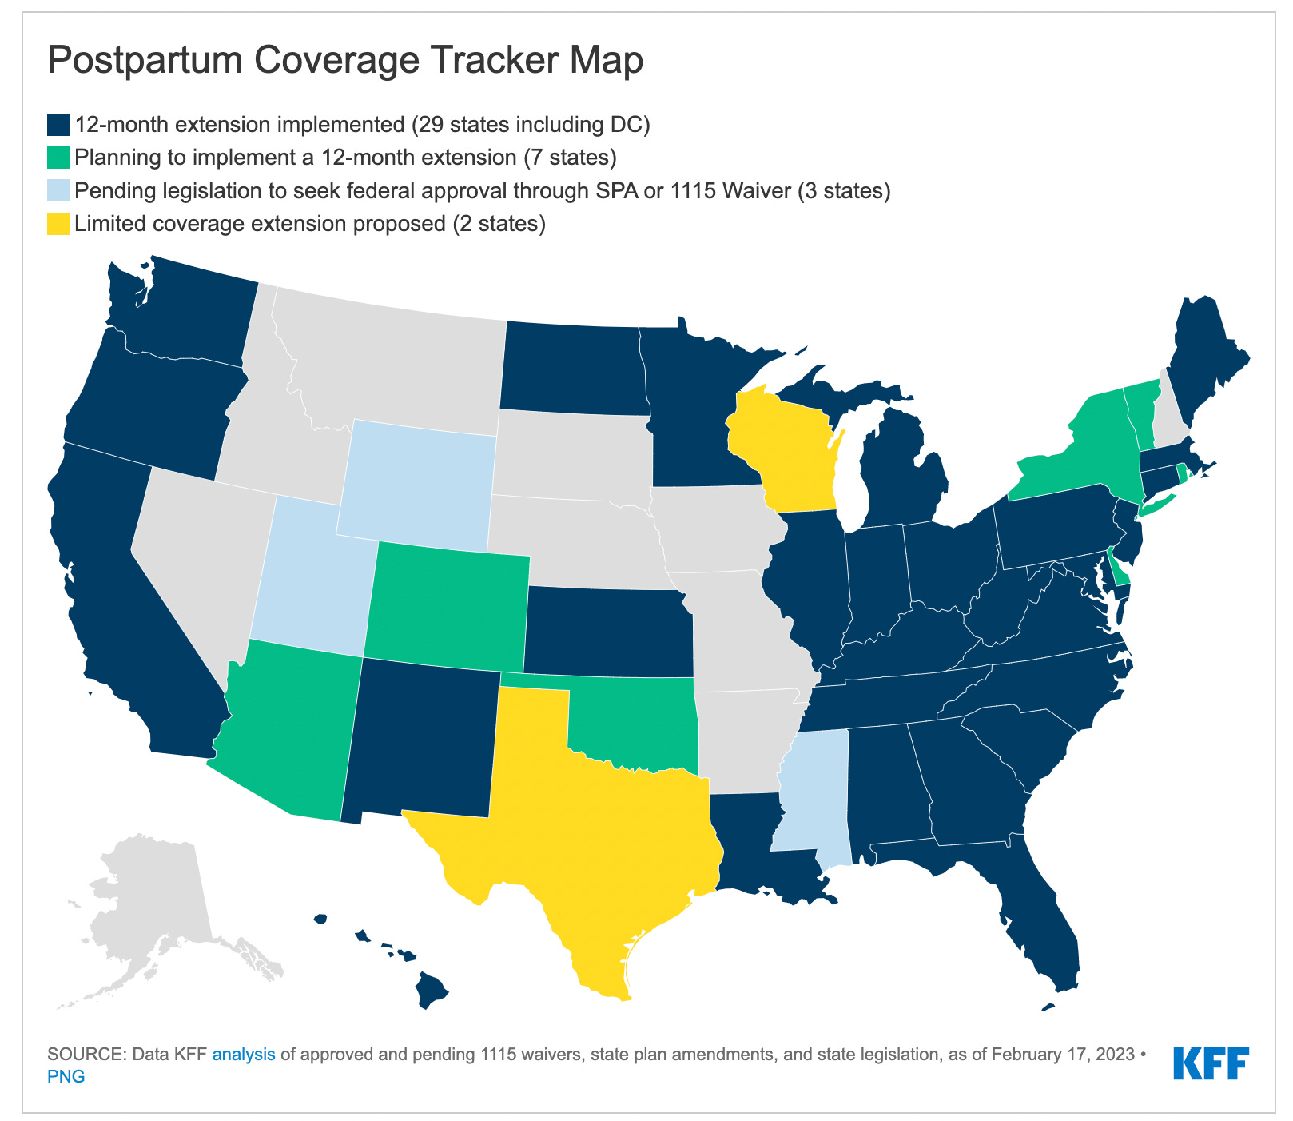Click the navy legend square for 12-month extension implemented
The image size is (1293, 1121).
pyautogui.click(x=58, y=125)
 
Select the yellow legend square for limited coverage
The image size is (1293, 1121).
pyautogui.click(x=58, y=224)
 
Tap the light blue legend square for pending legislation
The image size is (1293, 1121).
pyautogui.click(x=58, y=191)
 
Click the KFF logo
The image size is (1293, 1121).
pyautogui.click(x=1211, y=1063)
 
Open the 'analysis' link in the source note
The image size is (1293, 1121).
pyautogui.click(x=244, y=1054)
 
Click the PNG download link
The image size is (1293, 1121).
pyautogui.click(x=66, y=1076)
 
